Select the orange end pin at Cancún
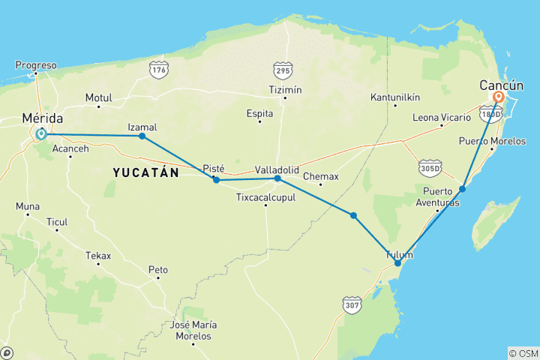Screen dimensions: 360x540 (x=498, y=98)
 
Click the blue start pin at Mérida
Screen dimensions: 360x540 (x=40, y=134)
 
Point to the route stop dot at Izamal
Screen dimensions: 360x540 (x=142, y=136)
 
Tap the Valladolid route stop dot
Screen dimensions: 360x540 (x=277, y=178)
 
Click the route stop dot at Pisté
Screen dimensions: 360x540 (x=216, y=180)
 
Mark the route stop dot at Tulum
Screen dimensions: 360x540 (x=397, y=263)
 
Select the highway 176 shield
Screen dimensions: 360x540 (x=158, y=70)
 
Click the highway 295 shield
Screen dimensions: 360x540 (x=283, y=70)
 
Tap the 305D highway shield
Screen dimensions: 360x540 (x=430, y=166)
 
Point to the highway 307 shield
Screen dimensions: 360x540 (x=352, y=304)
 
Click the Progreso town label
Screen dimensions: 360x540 (x=36, y=65)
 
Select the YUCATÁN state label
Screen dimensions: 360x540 (x=145, y=172)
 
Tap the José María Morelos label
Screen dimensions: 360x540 (x=193, y=329)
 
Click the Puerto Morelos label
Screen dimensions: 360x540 (x=493, y=141)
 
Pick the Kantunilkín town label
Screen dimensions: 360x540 (x=395, y=97)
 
